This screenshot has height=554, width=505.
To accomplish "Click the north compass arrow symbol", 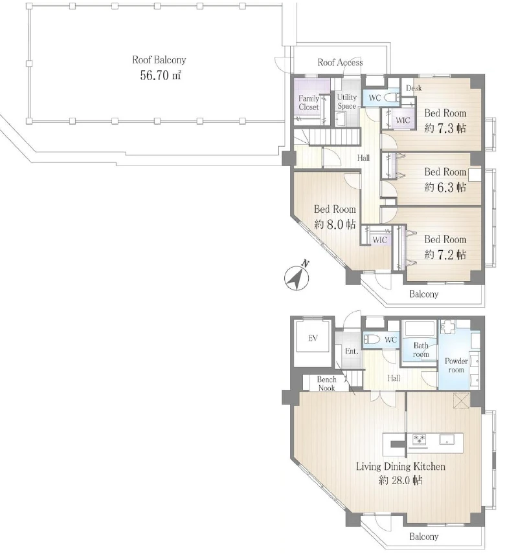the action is (x=297, y=276).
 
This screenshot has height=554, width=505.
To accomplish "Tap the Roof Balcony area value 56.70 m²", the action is (x=161, y=75).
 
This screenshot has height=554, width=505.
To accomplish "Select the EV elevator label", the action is (x=313, y=338).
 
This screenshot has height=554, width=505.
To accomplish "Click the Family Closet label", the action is (x=309, y=103).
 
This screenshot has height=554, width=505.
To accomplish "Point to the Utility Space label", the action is (x=346, y=101).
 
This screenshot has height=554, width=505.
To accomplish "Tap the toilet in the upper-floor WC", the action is (x=392, y=97).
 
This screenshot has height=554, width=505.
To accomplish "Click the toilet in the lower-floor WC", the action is (x=372, y=339).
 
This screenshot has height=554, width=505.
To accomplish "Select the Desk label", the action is (x=414, y=88).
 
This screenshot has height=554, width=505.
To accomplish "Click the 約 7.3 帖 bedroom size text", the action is (x=445, y=128).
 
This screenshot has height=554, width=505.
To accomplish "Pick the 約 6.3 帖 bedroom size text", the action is (x=445, y=187).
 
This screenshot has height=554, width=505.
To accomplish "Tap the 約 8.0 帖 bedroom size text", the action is (x=335, y=224).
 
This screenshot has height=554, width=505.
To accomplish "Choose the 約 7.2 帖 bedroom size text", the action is (x=445, y=255).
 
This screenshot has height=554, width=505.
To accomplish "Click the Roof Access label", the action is (x=340, y=63).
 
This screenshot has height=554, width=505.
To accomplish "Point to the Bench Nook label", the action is (x=326, y=384).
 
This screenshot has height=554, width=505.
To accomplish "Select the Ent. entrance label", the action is (x=352, y=351).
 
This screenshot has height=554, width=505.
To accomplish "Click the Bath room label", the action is (x=421, y=350).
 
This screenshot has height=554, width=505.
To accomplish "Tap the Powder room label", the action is (x=456, y=365).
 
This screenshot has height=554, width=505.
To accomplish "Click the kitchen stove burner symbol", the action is (x=420, y=440).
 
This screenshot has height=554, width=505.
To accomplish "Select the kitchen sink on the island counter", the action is (x=447, y=440).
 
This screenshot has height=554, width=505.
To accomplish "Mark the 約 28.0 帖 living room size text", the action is (x=401, y=480).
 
